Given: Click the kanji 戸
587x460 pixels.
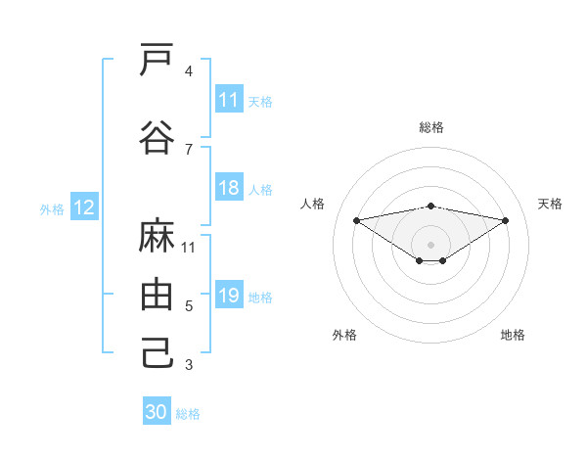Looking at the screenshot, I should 157,61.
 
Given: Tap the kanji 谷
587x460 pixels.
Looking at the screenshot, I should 157,138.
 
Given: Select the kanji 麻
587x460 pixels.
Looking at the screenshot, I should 157,237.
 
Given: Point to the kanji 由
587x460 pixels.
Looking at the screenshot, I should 157,295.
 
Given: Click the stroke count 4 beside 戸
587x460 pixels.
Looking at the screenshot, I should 189,71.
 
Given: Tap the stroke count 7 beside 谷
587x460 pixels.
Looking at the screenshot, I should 189,149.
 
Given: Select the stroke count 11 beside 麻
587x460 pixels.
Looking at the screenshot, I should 189,248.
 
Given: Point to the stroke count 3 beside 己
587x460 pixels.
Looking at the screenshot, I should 189,365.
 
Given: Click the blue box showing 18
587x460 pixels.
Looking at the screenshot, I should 229,188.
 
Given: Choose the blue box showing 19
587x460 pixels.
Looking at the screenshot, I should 229,296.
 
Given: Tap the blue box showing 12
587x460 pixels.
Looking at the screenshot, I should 84,207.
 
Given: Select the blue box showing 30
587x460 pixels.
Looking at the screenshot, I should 157,412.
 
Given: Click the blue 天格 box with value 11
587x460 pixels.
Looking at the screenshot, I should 229,100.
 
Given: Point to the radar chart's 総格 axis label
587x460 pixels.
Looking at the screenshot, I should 431,127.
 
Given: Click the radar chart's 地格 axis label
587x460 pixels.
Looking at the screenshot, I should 513,335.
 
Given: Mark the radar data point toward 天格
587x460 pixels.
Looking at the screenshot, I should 506,220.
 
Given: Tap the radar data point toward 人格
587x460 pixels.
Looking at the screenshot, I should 356,220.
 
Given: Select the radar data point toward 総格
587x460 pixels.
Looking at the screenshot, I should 431,206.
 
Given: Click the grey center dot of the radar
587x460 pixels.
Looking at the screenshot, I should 431,244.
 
